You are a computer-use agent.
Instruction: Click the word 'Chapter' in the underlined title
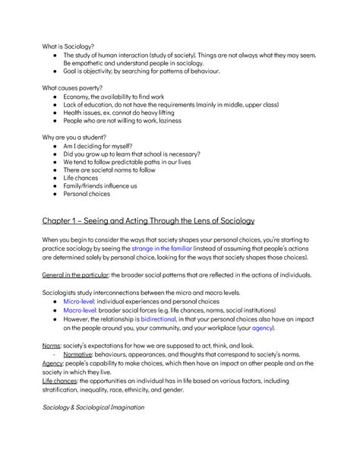[61, 221]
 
